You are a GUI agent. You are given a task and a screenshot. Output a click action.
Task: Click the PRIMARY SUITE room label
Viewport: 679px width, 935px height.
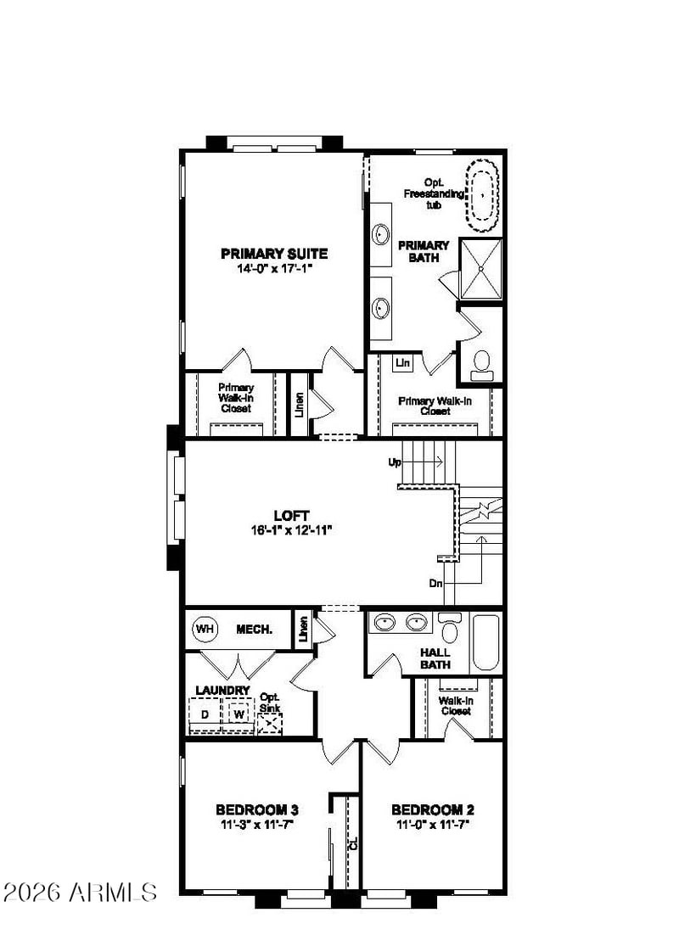[x=274, y=254]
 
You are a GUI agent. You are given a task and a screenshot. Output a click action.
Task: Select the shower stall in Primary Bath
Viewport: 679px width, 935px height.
[x=481, y=269]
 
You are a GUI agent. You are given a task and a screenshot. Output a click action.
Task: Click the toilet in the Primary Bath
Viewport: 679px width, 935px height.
[x=481, y=366]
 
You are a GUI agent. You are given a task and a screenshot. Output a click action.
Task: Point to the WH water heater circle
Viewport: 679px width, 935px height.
[x=205, y=629]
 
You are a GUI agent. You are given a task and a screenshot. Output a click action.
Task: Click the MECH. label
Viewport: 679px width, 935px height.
[x=254, y=629]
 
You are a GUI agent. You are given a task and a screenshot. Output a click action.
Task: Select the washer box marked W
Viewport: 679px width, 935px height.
[x=238, y=714]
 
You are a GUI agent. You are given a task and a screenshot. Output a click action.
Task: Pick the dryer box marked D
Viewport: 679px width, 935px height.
[x=205, y=714]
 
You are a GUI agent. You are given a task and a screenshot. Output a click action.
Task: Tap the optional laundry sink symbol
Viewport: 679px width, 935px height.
[x=270, y=724]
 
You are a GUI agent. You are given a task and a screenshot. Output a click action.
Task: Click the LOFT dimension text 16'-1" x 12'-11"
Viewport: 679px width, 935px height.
[x=291, y=530]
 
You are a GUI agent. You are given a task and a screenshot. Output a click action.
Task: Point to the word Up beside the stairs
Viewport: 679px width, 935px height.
[x=395, y=462]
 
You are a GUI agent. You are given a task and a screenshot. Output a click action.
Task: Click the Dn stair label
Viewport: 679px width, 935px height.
[x=435, y=583]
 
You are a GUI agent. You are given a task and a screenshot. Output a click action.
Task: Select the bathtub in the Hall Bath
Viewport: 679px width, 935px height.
[x=485, y=643]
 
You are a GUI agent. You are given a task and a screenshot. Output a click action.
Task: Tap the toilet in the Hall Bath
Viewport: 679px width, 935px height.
[x=449, y=628]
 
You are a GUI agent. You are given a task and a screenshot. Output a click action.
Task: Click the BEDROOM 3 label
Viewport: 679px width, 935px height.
[x=257, y=809]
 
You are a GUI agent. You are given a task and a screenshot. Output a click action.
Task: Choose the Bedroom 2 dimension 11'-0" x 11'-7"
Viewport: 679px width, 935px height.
[x=433, y=825]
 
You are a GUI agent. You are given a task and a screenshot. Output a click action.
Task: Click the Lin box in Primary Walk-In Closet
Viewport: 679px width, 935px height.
[x=403, y=362]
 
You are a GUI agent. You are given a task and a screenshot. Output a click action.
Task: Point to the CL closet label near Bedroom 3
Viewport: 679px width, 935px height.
[x=353, y=843]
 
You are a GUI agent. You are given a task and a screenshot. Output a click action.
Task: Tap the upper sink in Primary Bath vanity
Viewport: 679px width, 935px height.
[x=381, y=234]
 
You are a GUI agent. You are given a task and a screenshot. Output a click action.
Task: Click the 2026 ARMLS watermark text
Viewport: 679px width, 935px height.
[x=80, y=892]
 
